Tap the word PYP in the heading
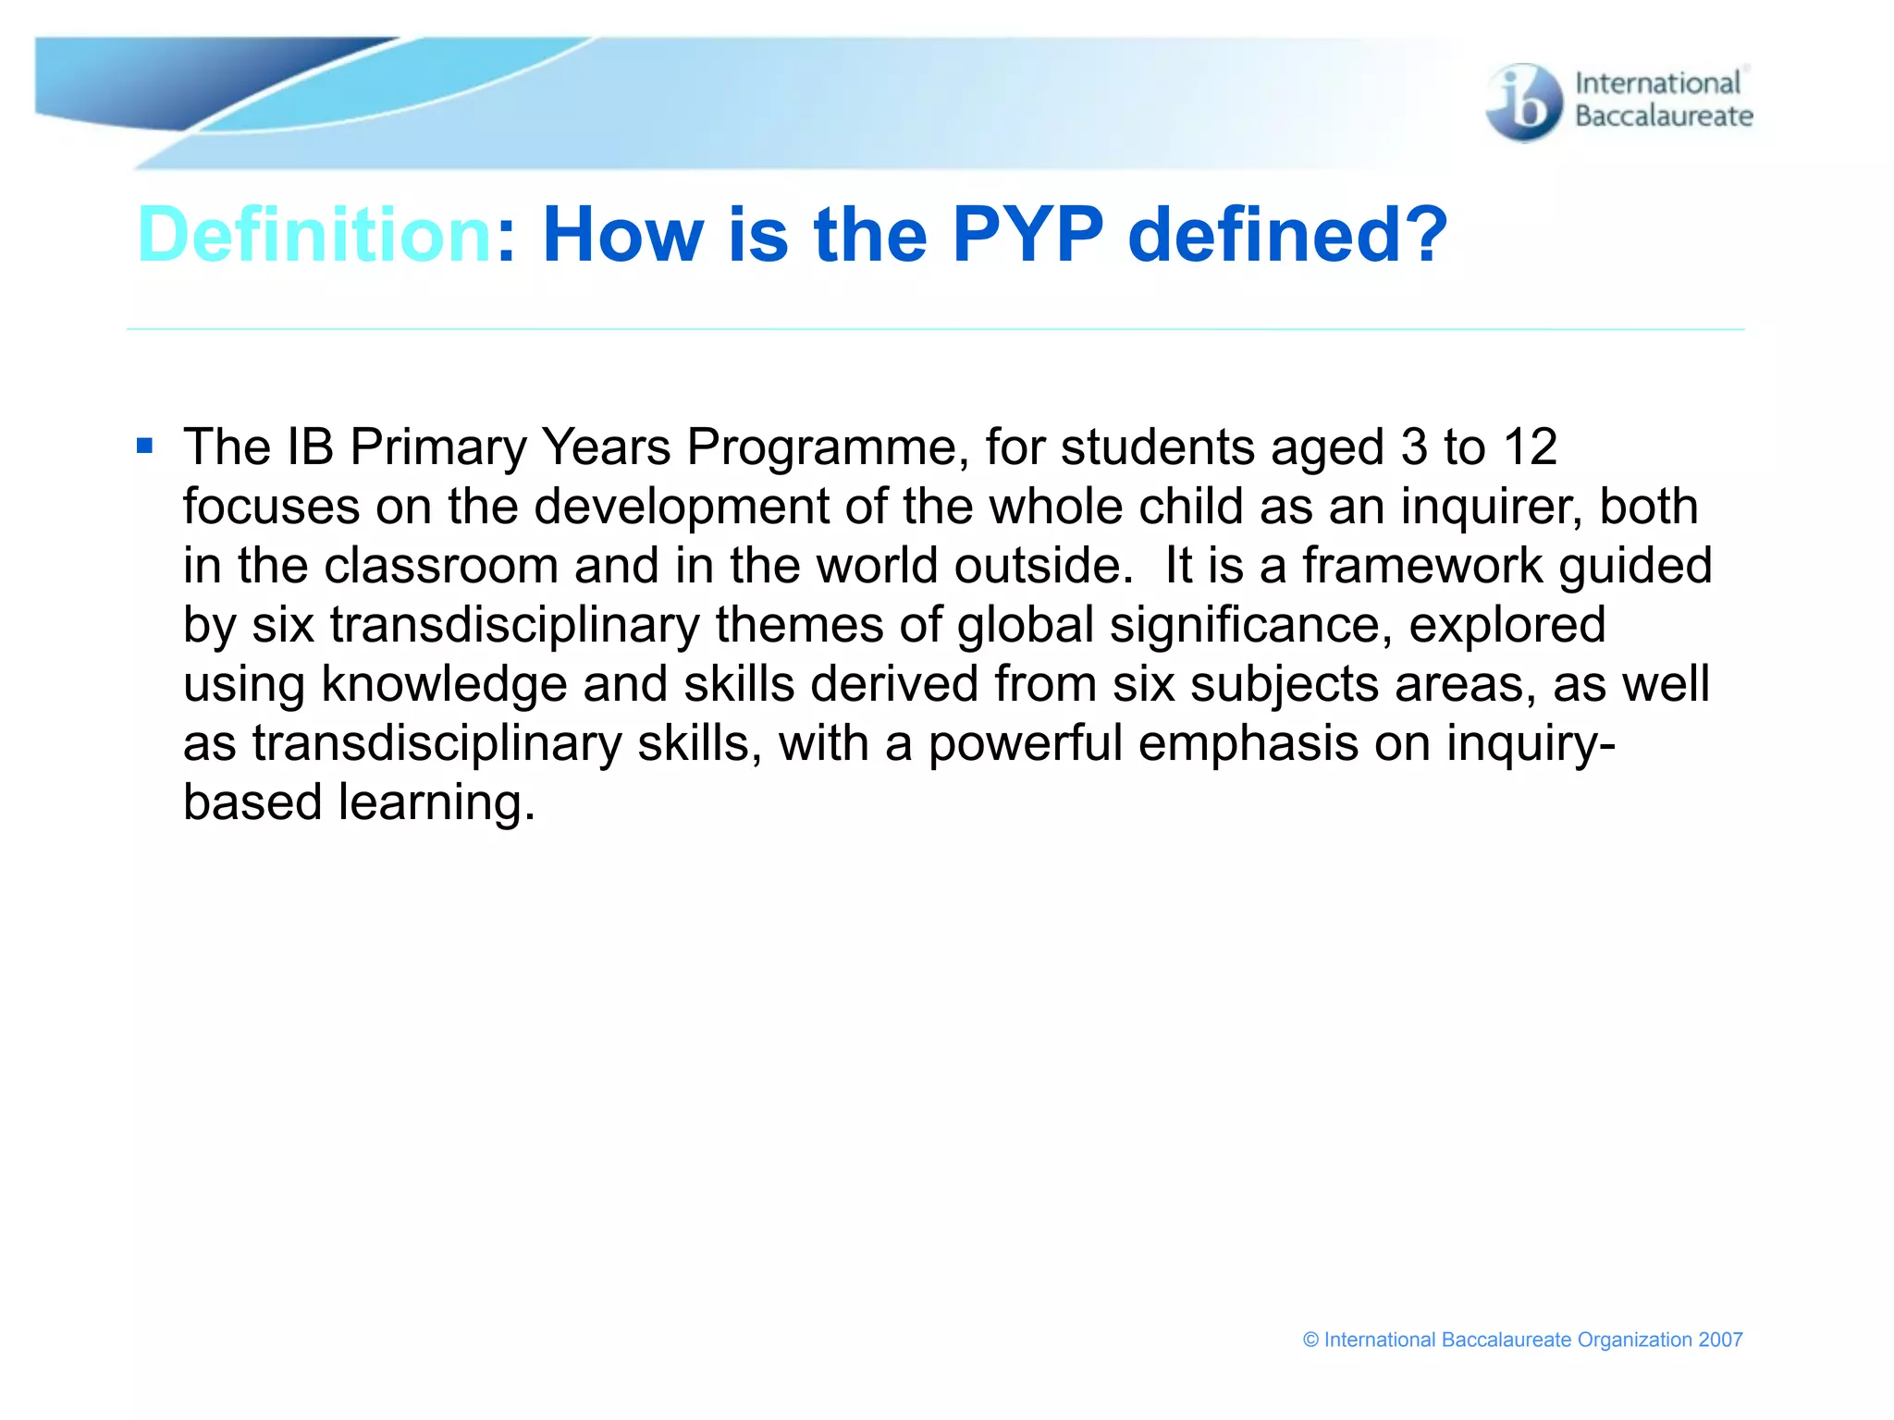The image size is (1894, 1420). click(1027, 235)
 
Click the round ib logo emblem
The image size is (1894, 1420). click(1524, 103)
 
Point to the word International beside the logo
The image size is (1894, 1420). click(1657, 83)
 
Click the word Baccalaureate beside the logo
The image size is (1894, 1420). click(1664, 116)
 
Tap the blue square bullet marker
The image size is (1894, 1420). click(144, 447)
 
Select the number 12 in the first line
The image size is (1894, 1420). click(1530, 447)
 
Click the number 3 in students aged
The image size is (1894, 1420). click(1414, 447)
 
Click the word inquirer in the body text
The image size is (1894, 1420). click(1492, 507)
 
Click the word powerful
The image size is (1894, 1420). click(1025, 743)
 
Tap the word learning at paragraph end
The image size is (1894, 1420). click(436, 802)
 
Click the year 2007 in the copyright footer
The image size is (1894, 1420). click(1720, 1340)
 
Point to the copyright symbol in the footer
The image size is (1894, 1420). click(1310, 1340)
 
